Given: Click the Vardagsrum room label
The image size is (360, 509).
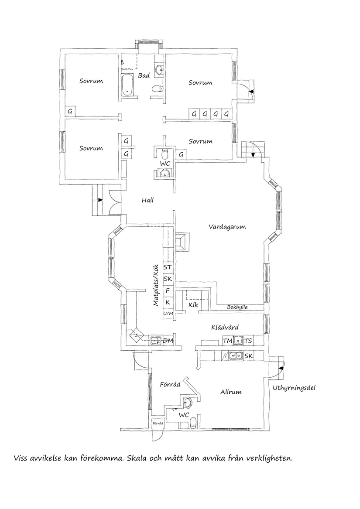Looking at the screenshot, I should [227, 227].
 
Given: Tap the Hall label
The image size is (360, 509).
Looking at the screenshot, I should [147, 200].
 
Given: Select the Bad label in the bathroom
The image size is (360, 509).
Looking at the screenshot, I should [144, 75].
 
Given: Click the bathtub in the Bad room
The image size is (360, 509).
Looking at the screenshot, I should [127, 85].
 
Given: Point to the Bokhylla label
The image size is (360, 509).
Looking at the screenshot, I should [237, 307].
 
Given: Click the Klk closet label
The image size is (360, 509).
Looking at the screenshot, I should [193, 305].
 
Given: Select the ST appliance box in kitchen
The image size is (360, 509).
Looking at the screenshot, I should [168, 267].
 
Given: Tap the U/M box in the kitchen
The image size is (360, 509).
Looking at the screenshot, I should [168, 314].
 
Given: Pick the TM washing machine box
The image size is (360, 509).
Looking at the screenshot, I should [227, 341].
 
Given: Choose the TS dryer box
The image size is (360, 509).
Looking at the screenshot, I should [248, 341].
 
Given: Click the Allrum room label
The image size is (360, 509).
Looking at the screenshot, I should [230, 392].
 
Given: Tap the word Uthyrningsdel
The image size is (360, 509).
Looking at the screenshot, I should [294, 387].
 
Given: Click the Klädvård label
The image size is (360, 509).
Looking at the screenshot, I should [224, 327].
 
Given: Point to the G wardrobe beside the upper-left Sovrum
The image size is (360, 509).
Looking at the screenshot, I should [70, 111].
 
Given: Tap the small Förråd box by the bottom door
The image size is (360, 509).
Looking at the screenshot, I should [157, 423].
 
